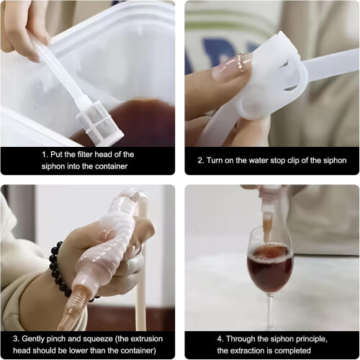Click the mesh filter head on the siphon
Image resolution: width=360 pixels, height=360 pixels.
coord(100,121)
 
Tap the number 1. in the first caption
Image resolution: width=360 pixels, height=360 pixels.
coord(45,154)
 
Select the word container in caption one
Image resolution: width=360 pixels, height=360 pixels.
coord(112,166)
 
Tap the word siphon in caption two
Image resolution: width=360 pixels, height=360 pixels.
coord(335,161)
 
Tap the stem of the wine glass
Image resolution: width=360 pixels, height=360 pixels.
coord(271,310)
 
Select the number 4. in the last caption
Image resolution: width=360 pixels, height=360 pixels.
coord(220,339)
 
